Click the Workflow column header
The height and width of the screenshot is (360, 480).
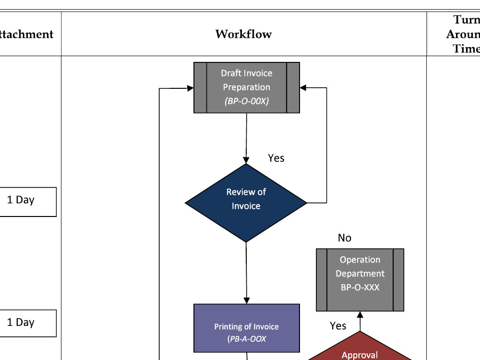click(243, 34)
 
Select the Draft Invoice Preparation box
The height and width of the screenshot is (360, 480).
click(246, 87)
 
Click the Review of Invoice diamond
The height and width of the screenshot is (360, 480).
click(246, 203)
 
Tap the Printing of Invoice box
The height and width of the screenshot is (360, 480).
click(246, 328)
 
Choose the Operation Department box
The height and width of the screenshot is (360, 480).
click(360, 280)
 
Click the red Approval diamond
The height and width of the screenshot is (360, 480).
click(360, 353)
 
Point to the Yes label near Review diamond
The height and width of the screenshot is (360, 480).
click(276, 158)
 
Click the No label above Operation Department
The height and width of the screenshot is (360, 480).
click(344, 238)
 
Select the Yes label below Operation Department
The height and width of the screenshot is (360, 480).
click(338, 326)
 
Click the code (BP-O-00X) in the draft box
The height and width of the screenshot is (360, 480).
click(246, 101)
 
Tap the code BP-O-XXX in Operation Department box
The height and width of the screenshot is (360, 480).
click(360, 288)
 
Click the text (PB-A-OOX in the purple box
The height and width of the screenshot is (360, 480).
click(246, 339)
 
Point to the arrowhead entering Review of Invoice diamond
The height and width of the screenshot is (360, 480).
click(246, 160)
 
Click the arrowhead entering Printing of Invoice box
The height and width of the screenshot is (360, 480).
click(246, 300)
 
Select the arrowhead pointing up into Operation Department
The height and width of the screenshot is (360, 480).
click(360, 315)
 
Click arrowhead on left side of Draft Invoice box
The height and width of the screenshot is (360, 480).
click(191, 88)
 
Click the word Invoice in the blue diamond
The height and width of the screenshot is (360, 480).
click(246, 206)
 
